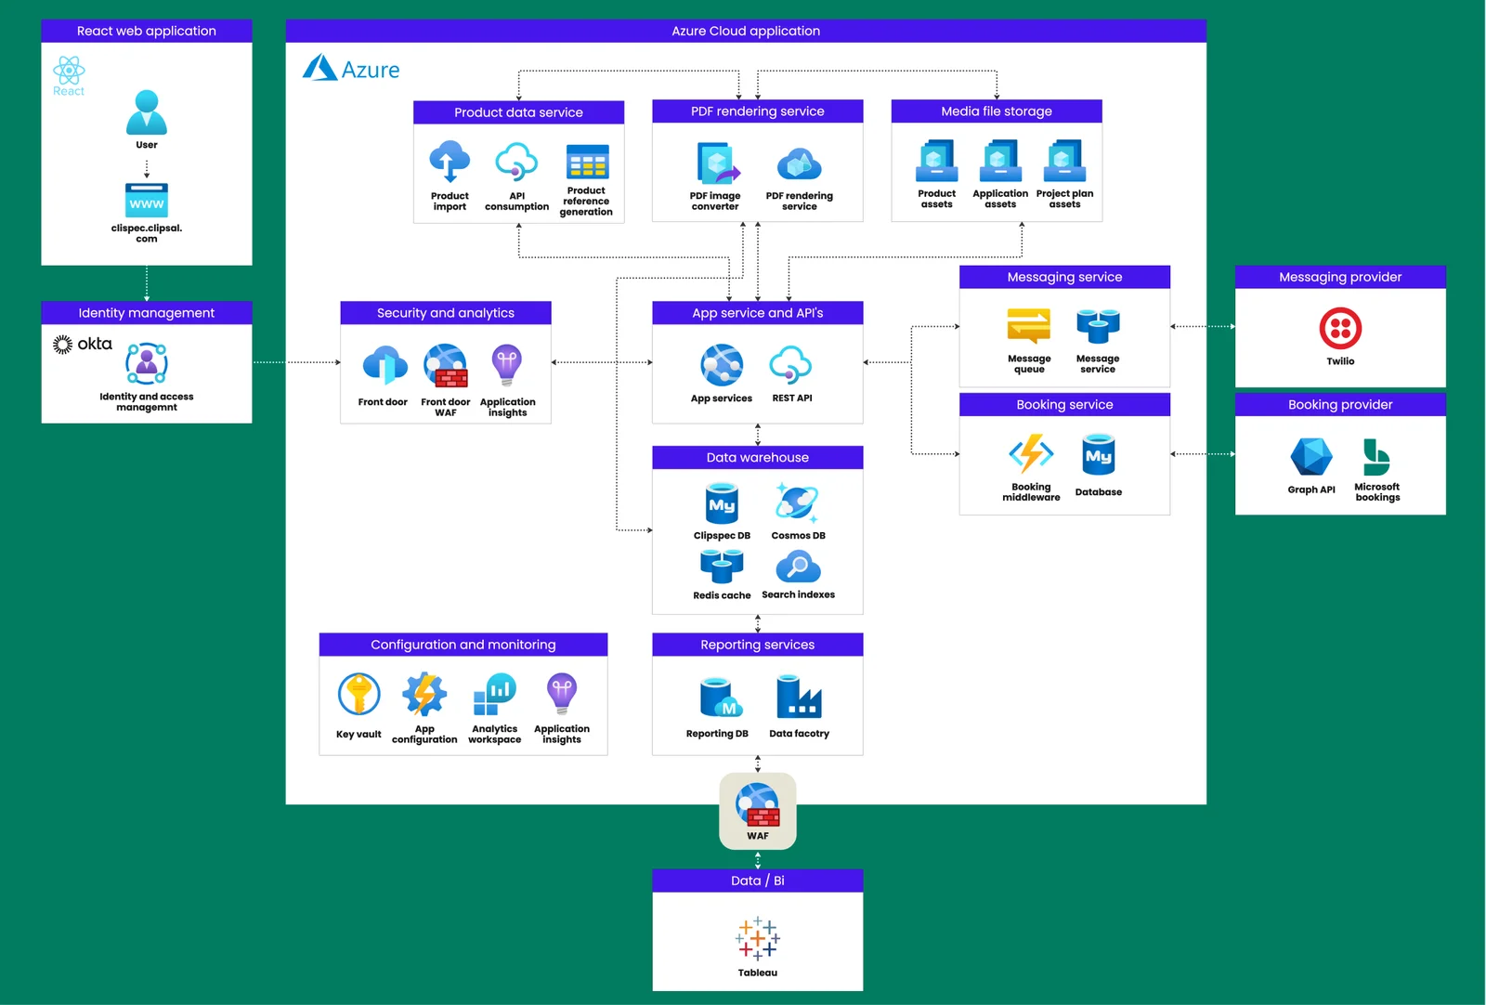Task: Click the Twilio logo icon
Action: [1340, 328]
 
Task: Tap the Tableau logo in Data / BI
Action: [758, 937]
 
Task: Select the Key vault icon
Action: [358, 695]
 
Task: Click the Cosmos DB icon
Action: [798, 502]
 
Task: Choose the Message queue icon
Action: [1029, 326]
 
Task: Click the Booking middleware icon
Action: [1031, 454]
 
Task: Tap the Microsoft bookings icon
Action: [1375, 457]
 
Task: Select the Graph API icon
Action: [1310, 457]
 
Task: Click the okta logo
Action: [83, 344]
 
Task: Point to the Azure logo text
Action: [370, 70]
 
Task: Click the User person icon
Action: [147, 112]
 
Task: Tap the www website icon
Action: [147, 201]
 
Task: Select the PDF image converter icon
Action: [717, 164]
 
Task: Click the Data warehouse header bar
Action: [757, 457]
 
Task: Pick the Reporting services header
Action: [757, 645]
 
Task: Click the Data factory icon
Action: [799, 697]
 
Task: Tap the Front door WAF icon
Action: [446, 366]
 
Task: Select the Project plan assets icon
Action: [1064, 161]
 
